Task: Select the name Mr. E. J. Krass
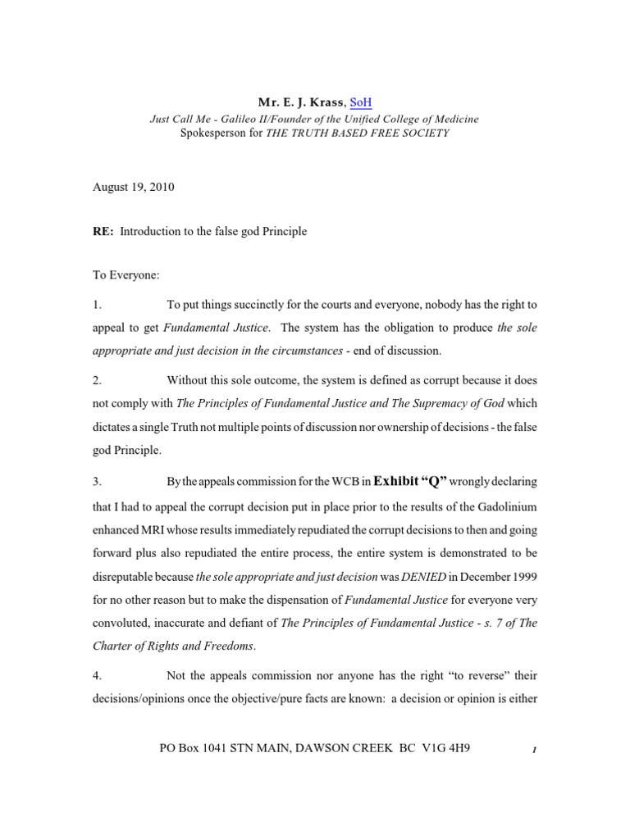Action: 302,102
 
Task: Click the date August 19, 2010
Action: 133,187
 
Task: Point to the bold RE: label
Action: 103,231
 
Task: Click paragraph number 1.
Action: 96,305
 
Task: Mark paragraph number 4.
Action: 96,675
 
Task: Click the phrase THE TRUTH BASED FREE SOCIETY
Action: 357,133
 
